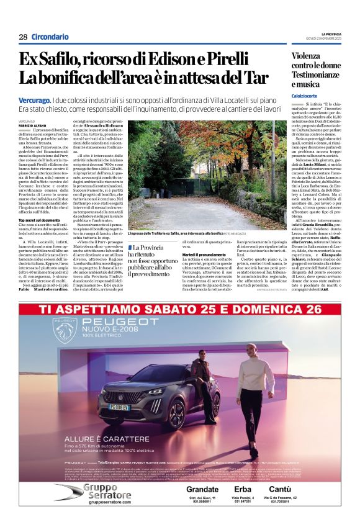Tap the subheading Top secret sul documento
[39, 220]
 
